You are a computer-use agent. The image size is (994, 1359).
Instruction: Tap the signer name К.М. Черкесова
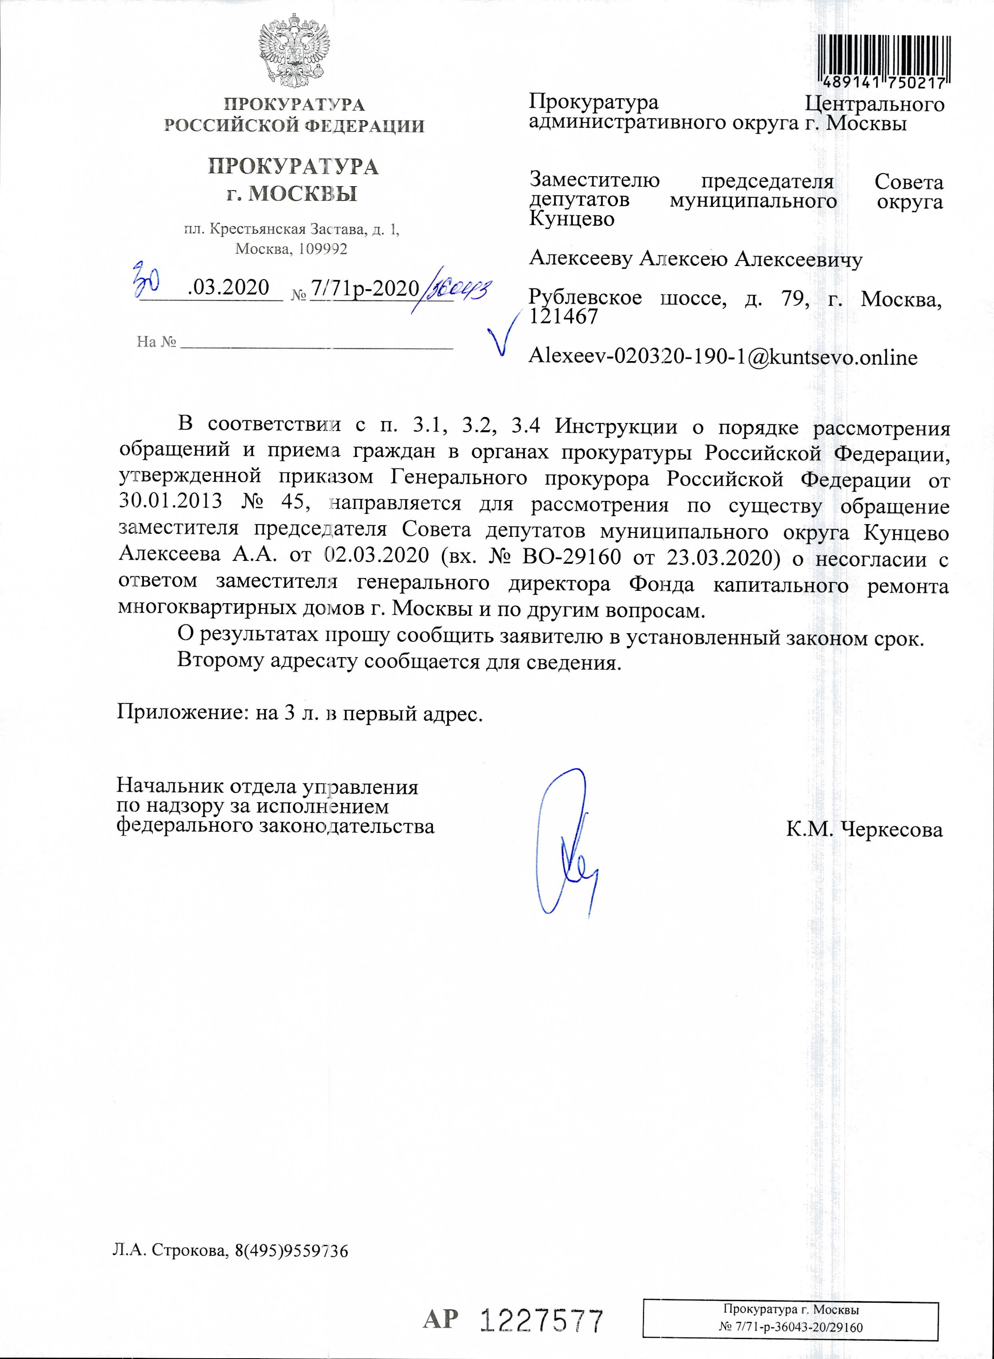coord(864,829)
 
